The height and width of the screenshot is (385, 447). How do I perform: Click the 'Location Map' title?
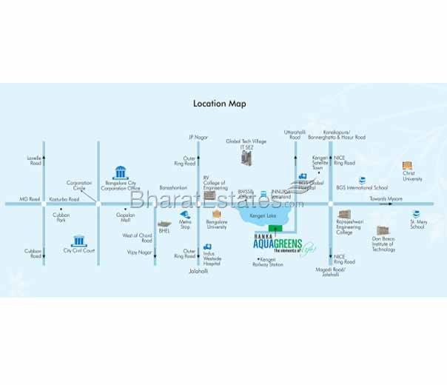pyautogui.click(x=219, y=104)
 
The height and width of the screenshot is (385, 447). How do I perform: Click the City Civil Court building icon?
pyautogui.click(x=78, y=240)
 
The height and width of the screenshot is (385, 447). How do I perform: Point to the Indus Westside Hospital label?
pyautogui.click(x=213, y=258)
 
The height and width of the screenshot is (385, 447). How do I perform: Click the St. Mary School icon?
pyautogui.click(x=415, y=214)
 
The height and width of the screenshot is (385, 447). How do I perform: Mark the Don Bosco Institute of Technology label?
pyautogui.click(x=383, y=245)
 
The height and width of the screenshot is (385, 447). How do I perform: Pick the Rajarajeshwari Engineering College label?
pyautogui.click(x=349, y=227)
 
